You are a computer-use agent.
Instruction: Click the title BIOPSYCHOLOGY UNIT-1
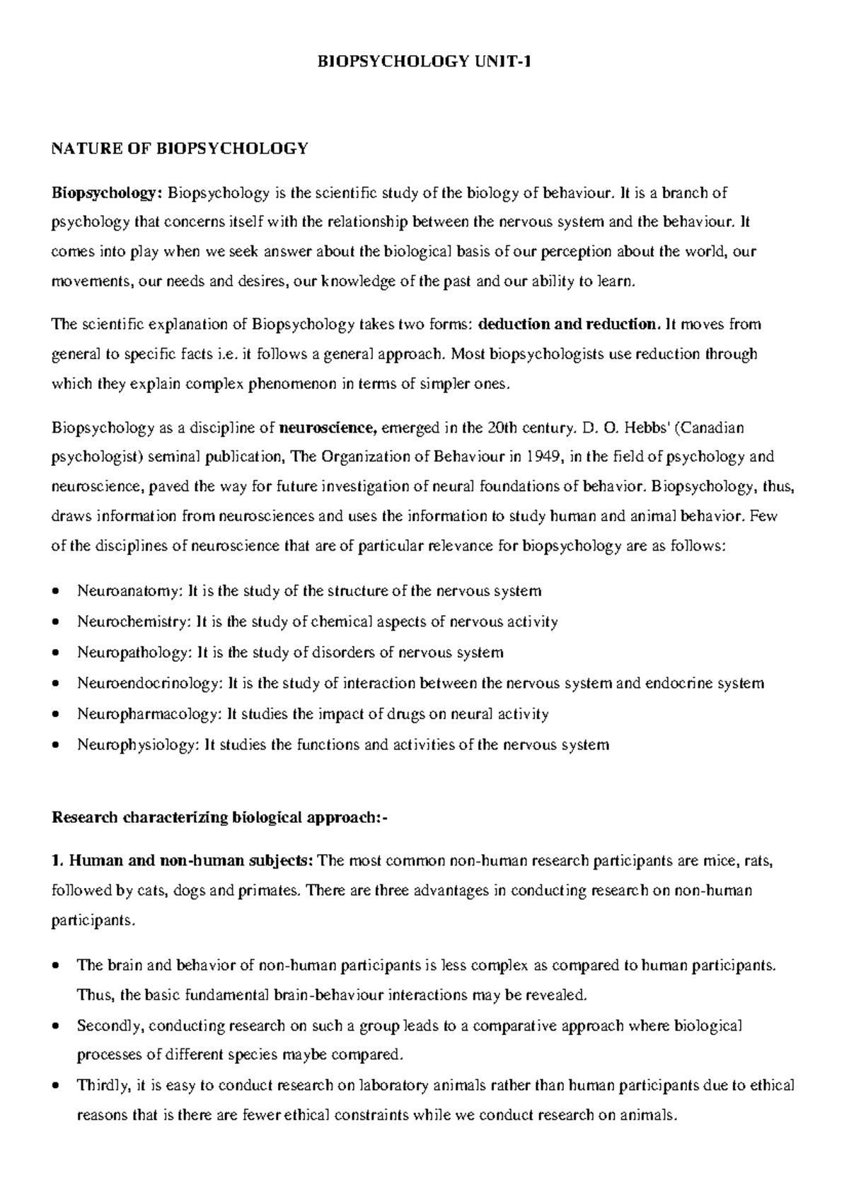click(x=424, y=62)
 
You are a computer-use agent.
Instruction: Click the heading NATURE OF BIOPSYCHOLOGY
click(x=180, y=148)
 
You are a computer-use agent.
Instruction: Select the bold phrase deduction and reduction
click(x=568, y=324)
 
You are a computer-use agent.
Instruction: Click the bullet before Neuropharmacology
click(x=57, y=715)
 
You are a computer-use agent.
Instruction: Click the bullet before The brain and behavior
click(x=57, y=966)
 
